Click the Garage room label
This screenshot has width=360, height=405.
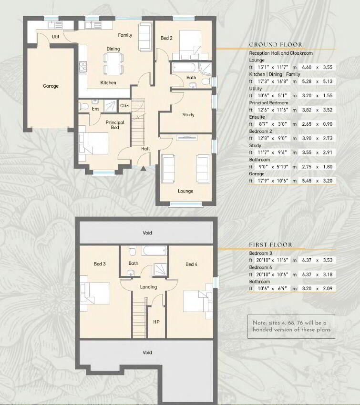[x=51, y=86]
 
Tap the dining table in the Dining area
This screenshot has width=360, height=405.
[x=113, y=63]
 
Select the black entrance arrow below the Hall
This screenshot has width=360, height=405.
[x=143, y=169]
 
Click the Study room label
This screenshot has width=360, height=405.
[x=188, y=115]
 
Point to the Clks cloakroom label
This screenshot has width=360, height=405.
[x=124, y=105]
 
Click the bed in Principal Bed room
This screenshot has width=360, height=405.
[x=93, y=143]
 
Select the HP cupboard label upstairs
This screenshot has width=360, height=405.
[x=156, y=322]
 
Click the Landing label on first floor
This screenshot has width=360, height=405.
[x=148, y=287]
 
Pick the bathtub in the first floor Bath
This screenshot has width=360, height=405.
[x=154, y=251]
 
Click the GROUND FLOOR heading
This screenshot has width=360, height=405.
[x=276, y=45]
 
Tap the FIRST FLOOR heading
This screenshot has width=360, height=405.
[x=270, y=244]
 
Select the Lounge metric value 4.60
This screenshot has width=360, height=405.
[x=307, y=67]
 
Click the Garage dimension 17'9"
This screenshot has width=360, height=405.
[x=264, y=181]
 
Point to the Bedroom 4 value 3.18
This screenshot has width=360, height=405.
[x=328, y=274]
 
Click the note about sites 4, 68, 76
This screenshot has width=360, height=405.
[x=291, y=326]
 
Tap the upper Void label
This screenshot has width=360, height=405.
[x=147, y=233]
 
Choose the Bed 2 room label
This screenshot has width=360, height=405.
[x=166, y=38]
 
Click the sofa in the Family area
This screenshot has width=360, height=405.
[x=145, y=37]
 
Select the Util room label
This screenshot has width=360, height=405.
[x=55, y=37]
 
